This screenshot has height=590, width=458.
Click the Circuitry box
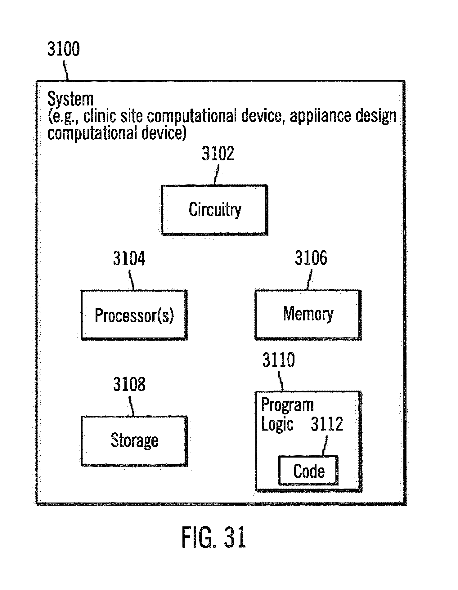click(215, 210)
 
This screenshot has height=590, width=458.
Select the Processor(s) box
click(134, 315)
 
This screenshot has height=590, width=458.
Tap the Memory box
click(308, 314)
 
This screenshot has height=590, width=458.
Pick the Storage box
click(134, 441)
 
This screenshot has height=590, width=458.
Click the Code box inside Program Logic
click(308, 471)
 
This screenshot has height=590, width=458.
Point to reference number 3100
click(63, 49)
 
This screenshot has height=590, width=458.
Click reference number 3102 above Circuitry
click(218, 154)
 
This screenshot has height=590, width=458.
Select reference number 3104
click(129, 258)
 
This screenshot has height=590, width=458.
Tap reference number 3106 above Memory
click(311, 258)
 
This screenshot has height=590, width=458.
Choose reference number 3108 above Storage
click(129, 384)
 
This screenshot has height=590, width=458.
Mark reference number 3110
click(279, 360)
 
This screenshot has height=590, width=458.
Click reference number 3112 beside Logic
click(327, 424)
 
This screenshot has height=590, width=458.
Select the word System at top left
click(70, 100)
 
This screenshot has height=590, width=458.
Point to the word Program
click(288, 405)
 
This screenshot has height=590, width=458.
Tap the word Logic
click(277, 424)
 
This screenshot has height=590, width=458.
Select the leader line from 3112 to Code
click(325, 446)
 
